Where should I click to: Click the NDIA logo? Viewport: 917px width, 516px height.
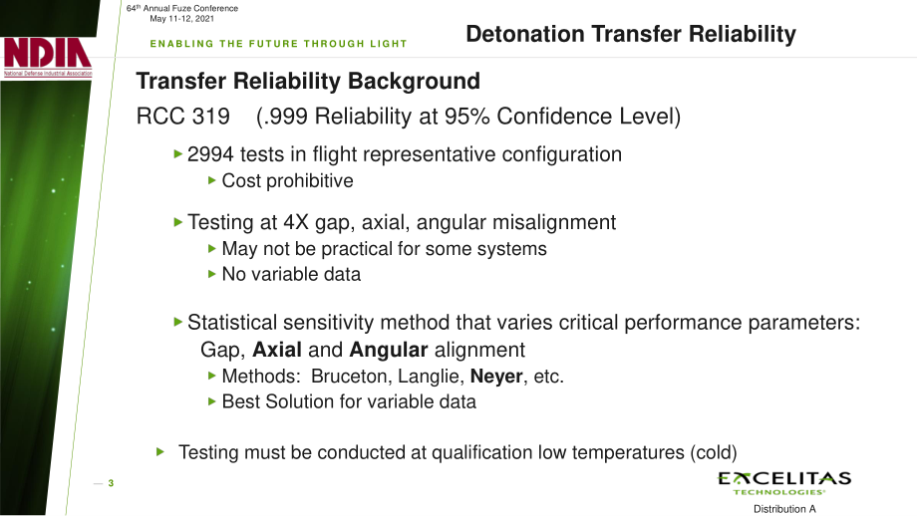pos(48,57)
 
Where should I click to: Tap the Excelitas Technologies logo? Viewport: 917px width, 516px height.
pos(784,483)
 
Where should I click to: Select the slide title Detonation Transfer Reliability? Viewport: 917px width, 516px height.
pos(630,34)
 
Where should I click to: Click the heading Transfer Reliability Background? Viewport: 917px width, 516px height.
pos(308,82)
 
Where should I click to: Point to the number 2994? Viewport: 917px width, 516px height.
pos(210,154)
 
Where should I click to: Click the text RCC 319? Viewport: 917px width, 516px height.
pos(182,117)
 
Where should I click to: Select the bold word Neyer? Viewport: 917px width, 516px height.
pos(496,377)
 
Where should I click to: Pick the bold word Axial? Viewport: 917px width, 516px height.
pos(277,350)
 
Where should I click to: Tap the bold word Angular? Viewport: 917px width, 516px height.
pos(389,350)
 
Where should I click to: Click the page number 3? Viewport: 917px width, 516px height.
pos(111,483)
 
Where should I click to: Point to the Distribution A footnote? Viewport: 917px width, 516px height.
pos(783,509)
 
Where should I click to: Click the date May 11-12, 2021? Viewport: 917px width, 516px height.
pos(181,19)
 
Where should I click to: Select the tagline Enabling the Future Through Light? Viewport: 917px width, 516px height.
pos(278,44)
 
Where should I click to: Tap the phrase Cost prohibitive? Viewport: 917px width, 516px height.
pos(287,181)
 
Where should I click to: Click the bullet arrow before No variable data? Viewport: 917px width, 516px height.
pos(212,274)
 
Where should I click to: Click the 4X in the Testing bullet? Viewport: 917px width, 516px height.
pos(296,223)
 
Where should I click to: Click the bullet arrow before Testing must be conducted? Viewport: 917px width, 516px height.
pos(160,451)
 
